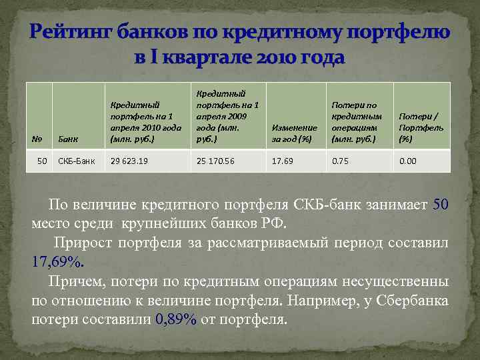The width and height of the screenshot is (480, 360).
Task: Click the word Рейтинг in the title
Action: pyautogui.click(x=71, y=31)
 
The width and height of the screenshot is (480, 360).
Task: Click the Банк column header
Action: pyautogui.click(x=69, y=139)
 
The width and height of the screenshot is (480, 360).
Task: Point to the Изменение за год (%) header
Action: pyautogui.click(x=295, y=133)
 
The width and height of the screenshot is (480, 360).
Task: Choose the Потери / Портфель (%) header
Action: pyautogui.click(x=415, y=127)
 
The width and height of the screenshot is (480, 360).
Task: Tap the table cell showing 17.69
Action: pyautogui.click(x=281, y=161)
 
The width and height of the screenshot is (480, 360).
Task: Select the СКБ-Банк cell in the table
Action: pyautogui.click(x=77, y=161)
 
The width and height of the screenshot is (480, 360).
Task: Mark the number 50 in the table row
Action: pyautogui.click(x=42, y=161)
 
